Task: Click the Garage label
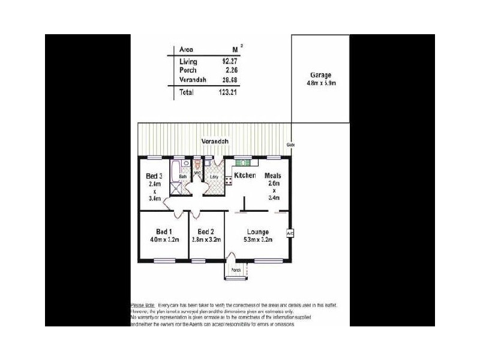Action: coord(320,75)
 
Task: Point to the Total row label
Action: coord(187,92)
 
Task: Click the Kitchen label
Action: coord(245,176)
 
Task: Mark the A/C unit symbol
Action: coord(289,233)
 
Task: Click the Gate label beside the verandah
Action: coord(290,145)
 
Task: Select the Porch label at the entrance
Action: coord(236,270)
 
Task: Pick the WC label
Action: coord(196,173)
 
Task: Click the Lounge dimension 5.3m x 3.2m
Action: coord(258,240)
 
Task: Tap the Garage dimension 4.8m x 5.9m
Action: coord(320,83)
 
